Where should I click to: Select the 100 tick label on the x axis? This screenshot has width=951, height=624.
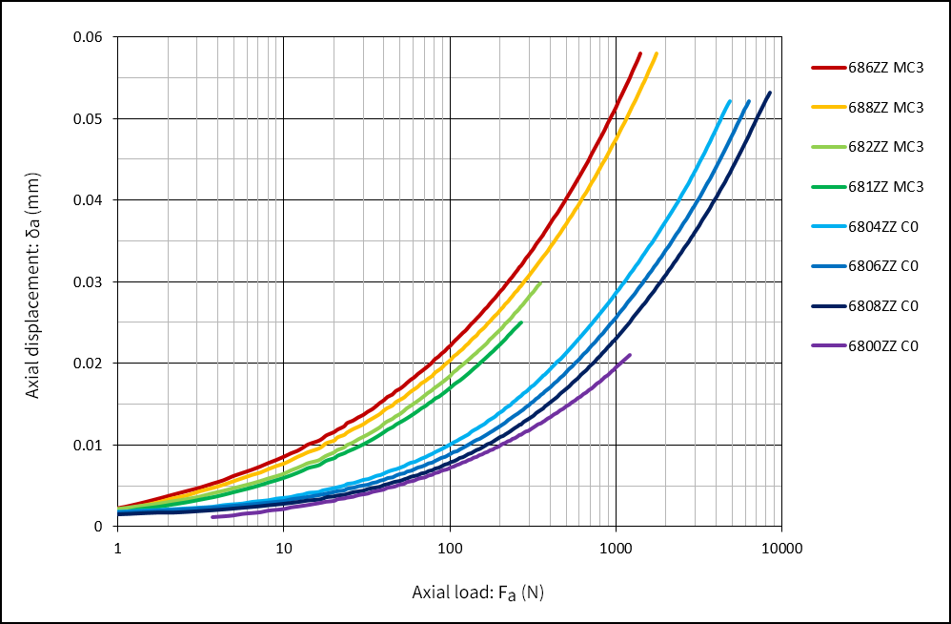click(450, 549)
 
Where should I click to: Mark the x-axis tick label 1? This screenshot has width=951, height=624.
click(117, 549)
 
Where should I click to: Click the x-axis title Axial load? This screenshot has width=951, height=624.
click(477, 593)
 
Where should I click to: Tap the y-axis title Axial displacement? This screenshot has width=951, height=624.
click(33, 282)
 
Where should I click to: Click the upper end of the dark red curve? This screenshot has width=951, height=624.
click(640, 53)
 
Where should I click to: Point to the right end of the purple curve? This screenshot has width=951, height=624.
click(630, 355)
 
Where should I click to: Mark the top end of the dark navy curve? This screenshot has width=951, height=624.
click(770, 93)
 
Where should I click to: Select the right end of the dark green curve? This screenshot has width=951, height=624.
click(521, 322)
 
